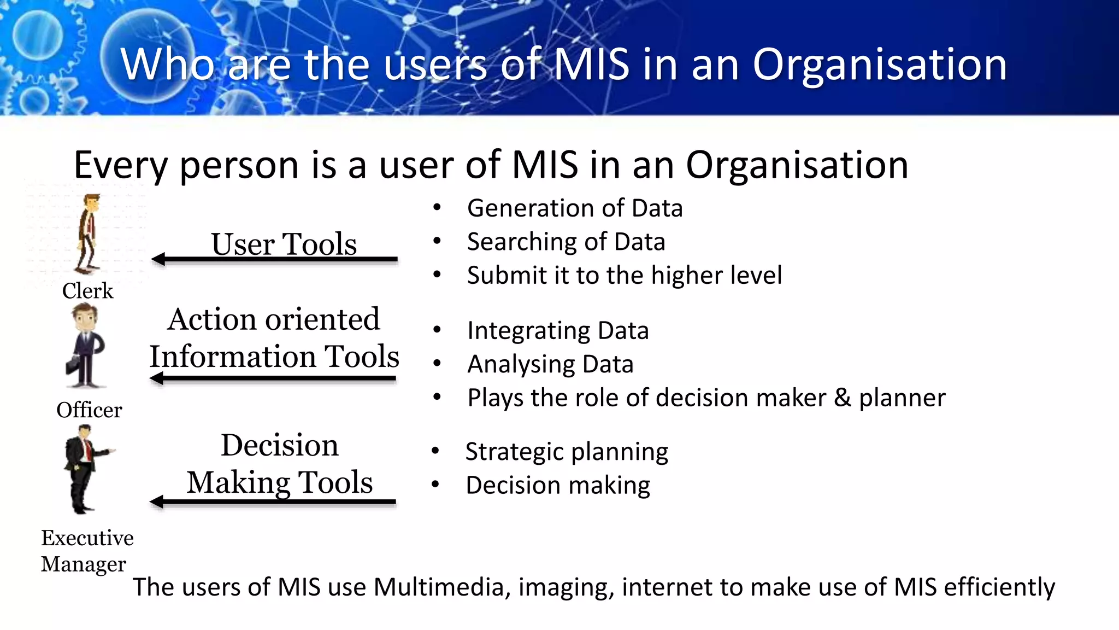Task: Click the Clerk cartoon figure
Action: [88, 234]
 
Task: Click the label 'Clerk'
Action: [87, 291]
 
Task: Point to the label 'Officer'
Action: [89, 410]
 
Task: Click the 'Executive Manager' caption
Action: [86, 551]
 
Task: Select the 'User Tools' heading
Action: [284, 244]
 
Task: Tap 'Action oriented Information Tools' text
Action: [274, 338]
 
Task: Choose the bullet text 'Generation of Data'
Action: [575, 208]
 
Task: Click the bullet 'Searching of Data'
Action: [566, 242]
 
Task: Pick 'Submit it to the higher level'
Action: [625, 275]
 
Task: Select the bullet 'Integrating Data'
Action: [558, 331]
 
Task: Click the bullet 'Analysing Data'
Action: [550, 364]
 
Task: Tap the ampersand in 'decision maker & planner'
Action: [843, 398]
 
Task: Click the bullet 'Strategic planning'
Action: [567, 452]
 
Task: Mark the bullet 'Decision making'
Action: [558, 485]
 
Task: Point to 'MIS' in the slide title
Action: [592, 65]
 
